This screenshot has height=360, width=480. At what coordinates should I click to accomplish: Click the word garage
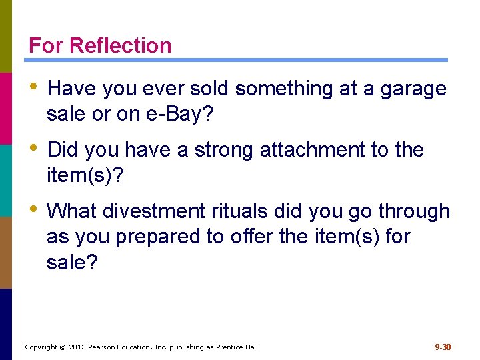pos(413,89)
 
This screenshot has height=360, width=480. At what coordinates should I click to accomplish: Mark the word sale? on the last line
pos(72,262)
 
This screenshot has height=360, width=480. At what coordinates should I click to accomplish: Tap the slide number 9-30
pos(443,347)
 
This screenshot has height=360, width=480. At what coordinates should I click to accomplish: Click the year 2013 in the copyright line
pos(77,347)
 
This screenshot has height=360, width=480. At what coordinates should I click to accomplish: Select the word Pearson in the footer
pos(103,347)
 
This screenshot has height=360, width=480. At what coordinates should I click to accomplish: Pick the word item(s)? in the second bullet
pos(85,175)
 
